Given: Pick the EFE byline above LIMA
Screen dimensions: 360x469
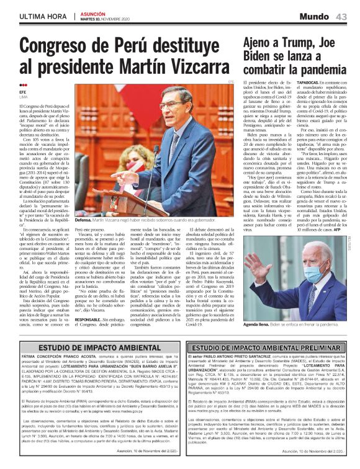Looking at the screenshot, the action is click(x=23, y=92).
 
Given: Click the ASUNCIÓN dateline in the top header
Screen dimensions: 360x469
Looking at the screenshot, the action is click(x=94, y=12).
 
